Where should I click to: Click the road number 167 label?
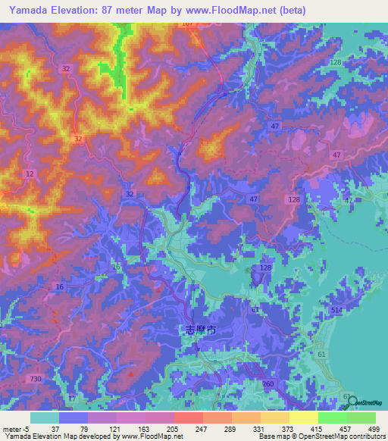coord(187,23)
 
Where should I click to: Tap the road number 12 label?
coord(29,174)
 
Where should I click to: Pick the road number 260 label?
coord(268,384)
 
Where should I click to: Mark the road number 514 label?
coord(336,311)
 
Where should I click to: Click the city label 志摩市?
coord(200,330)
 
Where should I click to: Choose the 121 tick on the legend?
coord(102,429)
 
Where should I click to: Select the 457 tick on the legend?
coord(331,429)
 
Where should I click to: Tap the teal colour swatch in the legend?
coord(45,418)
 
